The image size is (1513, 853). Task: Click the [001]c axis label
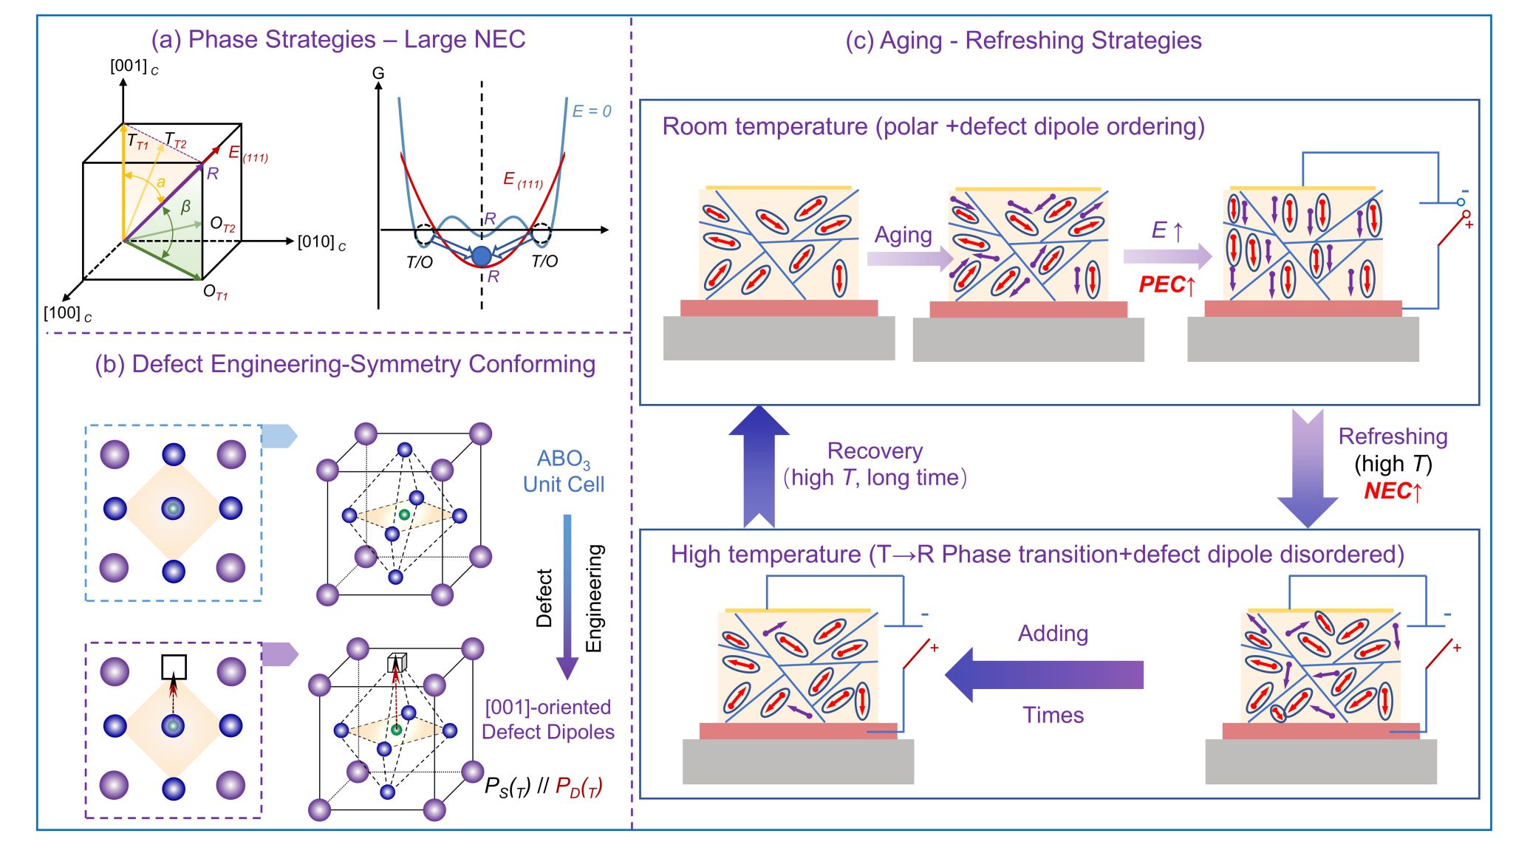(134, 66)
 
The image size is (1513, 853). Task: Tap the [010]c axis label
(321, 242)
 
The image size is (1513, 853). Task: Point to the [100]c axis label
(67, 314)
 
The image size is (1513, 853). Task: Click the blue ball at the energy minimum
(482, 256)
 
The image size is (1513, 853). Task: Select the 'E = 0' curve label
(591, 112)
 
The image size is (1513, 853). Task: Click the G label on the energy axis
(378, 73)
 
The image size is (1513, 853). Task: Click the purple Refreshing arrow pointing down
(1308, 470)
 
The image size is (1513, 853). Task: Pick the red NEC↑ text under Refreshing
(1393, 491)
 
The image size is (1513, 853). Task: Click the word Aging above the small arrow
(903, 235)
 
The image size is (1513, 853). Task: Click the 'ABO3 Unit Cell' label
(564, 471)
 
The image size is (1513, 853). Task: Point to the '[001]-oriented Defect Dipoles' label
(548, 719)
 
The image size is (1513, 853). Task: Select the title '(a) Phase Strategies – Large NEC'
(338, 39)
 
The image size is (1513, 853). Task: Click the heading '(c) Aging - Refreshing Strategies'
(1023, 41)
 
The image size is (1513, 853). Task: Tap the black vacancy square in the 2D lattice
(174, 667)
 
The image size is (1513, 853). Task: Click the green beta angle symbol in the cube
(185, 207)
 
